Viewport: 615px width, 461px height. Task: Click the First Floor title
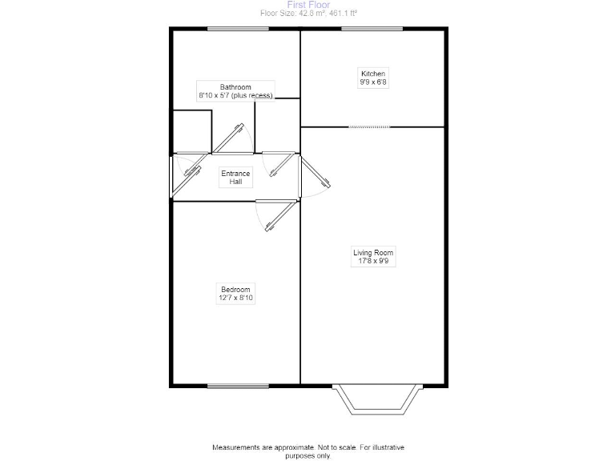(307, 5)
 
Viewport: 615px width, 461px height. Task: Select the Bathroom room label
(235, 87)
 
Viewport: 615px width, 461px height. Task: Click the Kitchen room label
(373, 74)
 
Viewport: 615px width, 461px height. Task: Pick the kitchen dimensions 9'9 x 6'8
(373, 82)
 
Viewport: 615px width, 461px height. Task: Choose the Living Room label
(373, 253)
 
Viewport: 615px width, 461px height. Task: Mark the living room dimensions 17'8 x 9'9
(373, 262)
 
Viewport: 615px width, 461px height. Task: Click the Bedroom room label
(235, 290)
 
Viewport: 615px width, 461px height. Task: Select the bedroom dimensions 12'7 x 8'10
(235, 299)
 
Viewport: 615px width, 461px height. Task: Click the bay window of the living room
(376, 400)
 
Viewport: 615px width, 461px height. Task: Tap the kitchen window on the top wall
(372, 30)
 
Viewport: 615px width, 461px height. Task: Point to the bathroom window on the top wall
(238, 30)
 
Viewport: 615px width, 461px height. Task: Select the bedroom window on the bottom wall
(238, 387)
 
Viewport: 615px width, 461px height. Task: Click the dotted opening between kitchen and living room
(371, 126)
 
